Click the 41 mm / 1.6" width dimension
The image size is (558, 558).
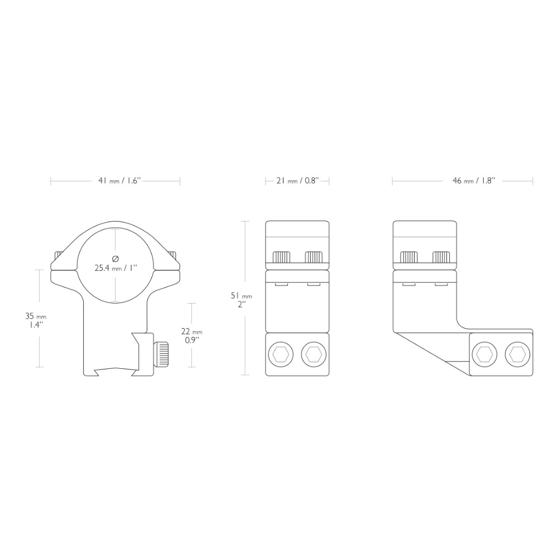tap(120, 181)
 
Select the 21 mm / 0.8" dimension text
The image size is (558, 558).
tap(297, 181)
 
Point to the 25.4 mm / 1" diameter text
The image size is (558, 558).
tap(116, 268)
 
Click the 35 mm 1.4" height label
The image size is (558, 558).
tap(35, 320)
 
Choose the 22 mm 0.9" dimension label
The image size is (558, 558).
tap(192, 335)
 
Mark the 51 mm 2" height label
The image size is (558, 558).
tap(241, 300)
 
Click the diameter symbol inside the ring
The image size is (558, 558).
tap(116, 259)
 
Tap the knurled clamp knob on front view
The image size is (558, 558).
tap(161, 354)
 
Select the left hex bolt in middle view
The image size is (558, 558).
tap(281, 354)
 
